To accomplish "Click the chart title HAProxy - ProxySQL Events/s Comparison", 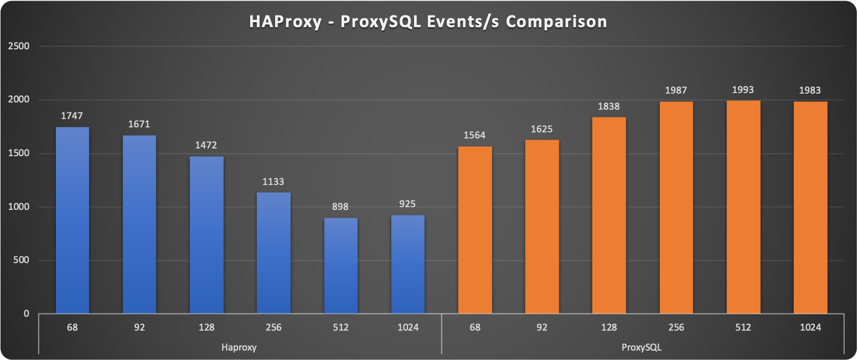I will tap(428, 22).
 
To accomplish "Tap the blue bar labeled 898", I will tap(340, 266).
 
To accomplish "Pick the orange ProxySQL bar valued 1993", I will tap(743, 207).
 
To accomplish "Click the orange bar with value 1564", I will tap(475, 230).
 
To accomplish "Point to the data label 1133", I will tap(273, 182).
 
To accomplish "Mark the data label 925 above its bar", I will tap(407, 204).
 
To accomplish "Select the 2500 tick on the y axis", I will tap(19, 47).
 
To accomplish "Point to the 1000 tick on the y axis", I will tap(19, 207).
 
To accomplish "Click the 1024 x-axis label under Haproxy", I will tap(407, 327).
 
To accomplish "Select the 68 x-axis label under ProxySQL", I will tap(475, 327).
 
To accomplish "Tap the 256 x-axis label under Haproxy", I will tap(273, 327).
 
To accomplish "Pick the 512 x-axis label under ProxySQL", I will tap(743, 327).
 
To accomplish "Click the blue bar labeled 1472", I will tap(206, 235).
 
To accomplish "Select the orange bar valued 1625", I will tap(542, 227).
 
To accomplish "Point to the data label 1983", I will tap(810, 91).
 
